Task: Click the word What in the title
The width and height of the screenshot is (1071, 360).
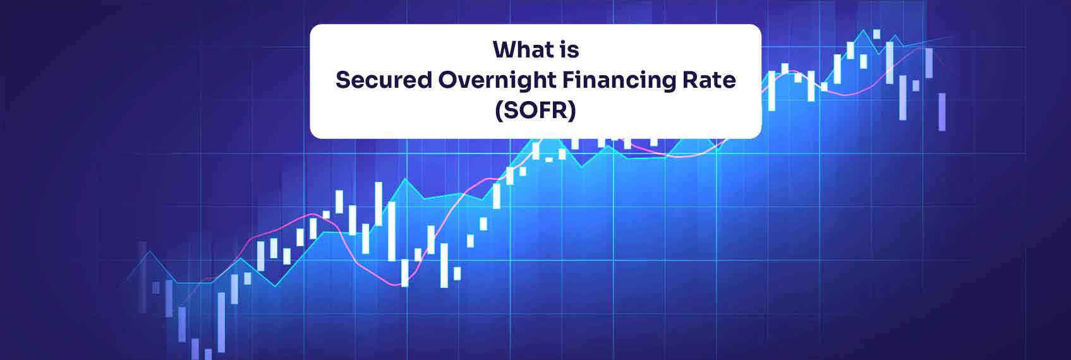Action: point(517,49)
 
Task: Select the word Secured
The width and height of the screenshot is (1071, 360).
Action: point(383,80)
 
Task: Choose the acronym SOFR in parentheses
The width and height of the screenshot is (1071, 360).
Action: point(535,111)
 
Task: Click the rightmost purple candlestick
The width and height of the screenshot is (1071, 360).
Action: point(942,112)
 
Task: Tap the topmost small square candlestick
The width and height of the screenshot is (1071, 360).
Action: point(876,34)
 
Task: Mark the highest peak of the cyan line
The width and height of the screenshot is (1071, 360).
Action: point(863,30)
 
